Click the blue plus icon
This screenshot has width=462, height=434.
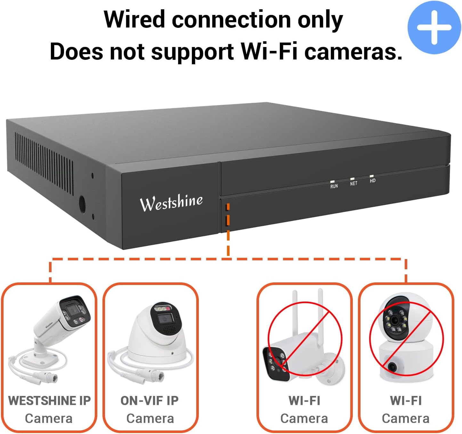point(434,28)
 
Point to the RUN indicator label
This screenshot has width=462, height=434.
point(334,186)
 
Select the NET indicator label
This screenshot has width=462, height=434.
point(353,184)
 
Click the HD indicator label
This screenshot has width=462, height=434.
point(372,181)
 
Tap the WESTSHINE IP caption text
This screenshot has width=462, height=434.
point(49,401)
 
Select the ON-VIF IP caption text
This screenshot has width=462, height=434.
point(150,401)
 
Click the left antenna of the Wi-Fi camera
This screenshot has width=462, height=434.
point(295,313)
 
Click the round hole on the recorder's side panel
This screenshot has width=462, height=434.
point(82,204)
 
